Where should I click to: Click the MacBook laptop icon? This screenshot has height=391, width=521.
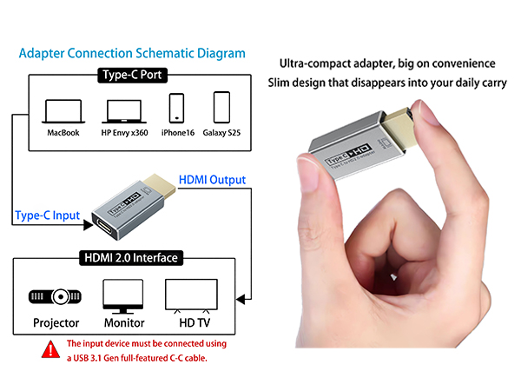(x=63, y=111)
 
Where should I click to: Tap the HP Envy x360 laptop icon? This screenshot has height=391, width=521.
(x=124, y=111)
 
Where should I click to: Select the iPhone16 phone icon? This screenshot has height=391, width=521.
(x=176, y=109)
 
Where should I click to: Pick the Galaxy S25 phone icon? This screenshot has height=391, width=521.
(x=221, y=108)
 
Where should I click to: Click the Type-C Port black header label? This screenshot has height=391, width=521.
(x=132, y=75)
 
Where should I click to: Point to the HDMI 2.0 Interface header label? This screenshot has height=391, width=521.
(x=131, y=258)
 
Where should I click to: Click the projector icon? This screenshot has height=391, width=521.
(x=55, y=296)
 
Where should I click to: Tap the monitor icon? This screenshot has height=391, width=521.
(x=123, y=296)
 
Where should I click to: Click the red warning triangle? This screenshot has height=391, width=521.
(x=51, y=349)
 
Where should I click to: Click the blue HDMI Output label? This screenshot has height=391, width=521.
(x=212, y=180)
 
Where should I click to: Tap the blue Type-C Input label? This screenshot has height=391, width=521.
(x=48, y=215)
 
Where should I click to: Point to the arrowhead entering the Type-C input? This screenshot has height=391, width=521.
(x=88, y=225)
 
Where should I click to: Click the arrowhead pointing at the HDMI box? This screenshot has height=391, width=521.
(x=241, y=299)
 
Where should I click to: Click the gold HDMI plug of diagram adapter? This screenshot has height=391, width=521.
(x=160, y=186)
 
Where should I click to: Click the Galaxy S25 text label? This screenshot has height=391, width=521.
(x=221, y=133)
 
